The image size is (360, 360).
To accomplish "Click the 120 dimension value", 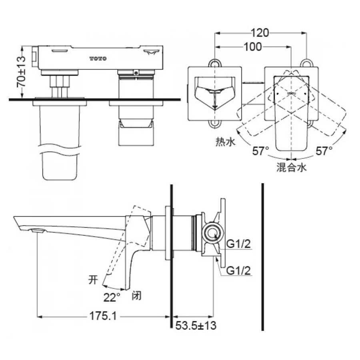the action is click(260, 33).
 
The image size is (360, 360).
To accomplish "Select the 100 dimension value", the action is click(252, 47).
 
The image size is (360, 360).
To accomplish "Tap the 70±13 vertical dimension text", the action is click(21, 72).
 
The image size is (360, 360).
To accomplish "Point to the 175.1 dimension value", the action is click(103, 316).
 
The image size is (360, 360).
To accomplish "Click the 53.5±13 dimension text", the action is click(196, 326).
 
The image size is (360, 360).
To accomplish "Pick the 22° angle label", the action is click(112, 298).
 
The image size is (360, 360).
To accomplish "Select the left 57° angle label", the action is click(260, 151).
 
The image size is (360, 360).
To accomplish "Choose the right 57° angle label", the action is click(324, 151).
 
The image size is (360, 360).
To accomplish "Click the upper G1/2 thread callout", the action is click(238, 244).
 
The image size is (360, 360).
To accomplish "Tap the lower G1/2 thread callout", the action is click(238, 270).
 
